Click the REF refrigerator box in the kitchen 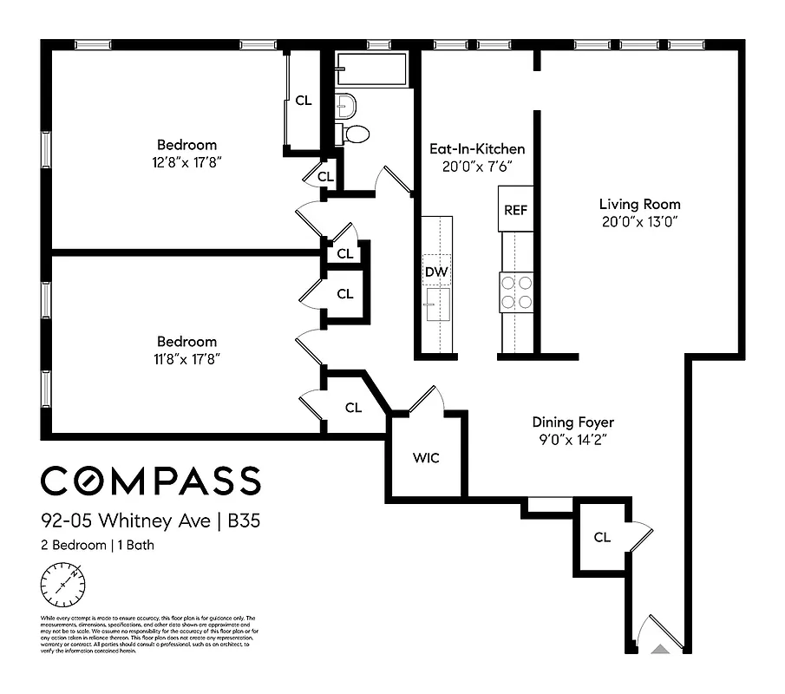coord(515,209)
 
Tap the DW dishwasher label coord(436,272)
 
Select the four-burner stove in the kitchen coord(515,291)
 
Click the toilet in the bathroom coord(355,134)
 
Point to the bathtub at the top coord(372,70)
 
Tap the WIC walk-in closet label coord(426,457)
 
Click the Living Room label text coord(639,205)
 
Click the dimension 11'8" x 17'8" coord(186,358)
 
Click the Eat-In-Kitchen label coord(477,149)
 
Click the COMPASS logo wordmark coord(150,480)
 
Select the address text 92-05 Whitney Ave coord(127,522)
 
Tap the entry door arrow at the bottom coord(660,647)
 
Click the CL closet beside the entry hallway coord(602,537)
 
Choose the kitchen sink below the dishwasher coord(436,304)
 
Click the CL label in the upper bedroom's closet coord(303,100)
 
